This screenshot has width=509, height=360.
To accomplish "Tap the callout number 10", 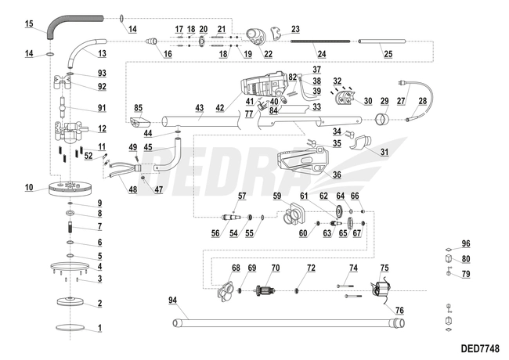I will tap(29, 188).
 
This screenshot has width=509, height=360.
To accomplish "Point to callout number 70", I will tap(275, 268).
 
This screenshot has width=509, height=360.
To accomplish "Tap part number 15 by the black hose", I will tap(29, 25).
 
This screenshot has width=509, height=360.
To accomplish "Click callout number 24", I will tap(321, 53).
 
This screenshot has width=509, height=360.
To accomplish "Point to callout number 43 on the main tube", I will tap(199, 108).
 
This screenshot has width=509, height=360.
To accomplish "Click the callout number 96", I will tap(465, 243).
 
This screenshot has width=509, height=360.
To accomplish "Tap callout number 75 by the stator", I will tap(384, 268).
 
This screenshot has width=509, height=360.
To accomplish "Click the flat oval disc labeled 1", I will tap(70, 329).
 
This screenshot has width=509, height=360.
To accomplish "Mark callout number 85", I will tap(138, 107).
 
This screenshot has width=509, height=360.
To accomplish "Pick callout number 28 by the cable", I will tap(423, 101).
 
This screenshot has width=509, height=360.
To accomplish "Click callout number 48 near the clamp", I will tap(132, 189).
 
